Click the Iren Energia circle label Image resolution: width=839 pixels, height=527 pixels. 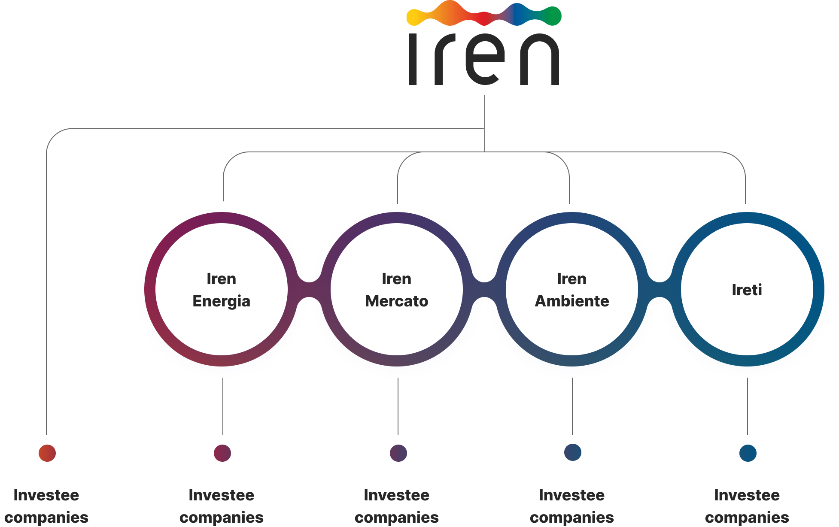(221, 290)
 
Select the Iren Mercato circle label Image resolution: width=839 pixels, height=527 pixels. (396, 290)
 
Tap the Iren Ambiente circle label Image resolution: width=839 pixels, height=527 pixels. (571, 290)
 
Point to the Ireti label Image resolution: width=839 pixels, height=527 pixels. (747, 290)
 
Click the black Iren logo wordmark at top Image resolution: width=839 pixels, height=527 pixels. (484, 59)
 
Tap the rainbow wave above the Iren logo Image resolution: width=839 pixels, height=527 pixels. (484, 13)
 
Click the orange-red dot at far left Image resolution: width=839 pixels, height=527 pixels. (47, 453)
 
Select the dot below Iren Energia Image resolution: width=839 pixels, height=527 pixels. (222, 453)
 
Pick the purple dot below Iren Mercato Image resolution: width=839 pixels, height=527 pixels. (398, 453)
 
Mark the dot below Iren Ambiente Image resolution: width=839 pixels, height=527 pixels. (573, 452)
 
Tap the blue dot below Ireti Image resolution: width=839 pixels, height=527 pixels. (748, 453)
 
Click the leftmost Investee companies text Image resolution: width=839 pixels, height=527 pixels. (46, 506)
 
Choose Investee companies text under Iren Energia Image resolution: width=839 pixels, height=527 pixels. (222, 506)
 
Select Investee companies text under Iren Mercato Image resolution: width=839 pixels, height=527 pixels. (397, 506)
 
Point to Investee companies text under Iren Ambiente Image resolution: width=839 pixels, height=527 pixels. (572, 506)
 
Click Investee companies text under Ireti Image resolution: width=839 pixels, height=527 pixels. (747, 506)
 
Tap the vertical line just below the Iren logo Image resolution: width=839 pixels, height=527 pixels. (485, 124)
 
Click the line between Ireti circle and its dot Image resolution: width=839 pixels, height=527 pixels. (748, 406)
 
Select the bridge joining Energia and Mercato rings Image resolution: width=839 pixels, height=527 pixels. (309, 290)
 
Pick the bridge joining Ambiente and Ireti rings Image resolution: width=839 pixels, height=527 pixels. (660, 290)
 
